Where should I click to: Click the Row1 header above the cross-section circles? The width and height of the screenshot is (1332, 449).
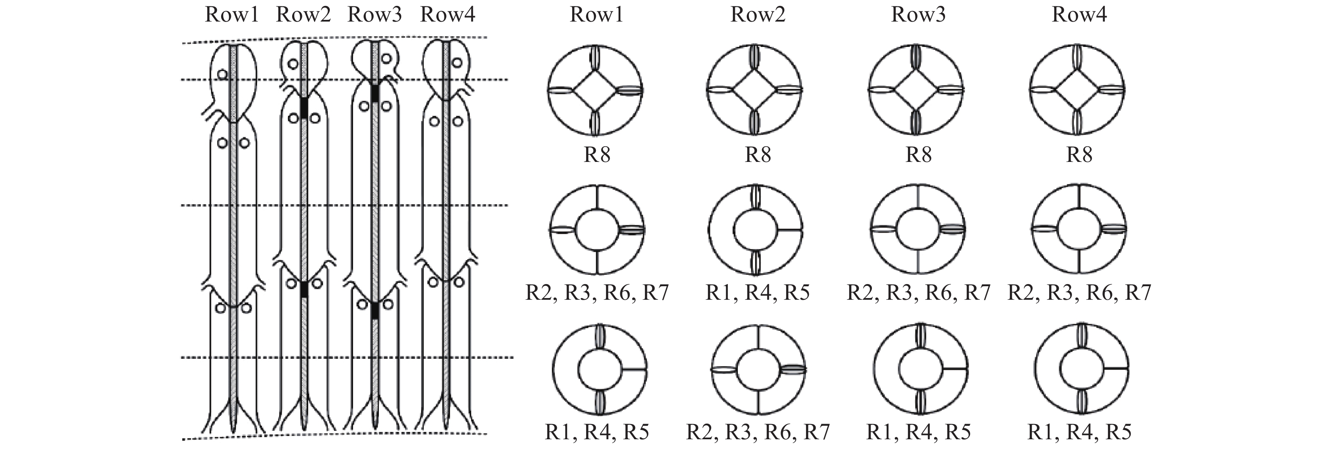(597, 14)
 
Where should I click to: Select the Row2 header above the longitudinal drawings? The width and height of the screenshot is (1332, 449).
(304, 14)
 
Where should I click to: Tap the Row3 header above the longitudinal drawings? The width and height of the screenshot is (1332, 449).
(375, 14)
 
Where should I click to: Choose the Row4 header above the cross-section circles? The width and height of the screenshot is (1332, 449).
(1079, 14)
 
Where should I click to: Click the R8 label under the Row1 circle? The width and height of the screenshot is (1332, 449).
(597, 154)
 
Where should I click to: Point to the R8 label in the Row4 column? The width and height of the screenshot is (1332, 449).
(1079, 154)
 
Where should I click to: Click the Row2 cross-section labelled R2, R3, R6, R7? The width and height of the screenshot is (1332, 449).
(759, 370)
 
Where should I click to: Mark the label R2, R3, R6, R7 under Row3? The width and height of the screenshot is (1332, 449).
(918, 293)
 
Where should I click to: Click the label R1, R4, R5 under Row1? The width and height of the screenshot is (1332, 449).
(597, 432)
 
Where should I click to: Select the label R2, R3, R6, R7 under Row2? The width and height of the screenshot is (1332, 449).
(758, 432)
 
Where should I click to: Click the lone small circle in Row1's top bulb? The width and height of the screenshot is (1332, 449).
(222, 74)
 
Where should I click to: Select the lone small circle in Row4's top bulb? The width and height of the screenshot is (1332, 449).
(457, 63)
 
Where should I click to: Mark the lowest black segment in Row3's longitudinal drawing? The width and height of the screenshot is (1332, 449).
(375, 310)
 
